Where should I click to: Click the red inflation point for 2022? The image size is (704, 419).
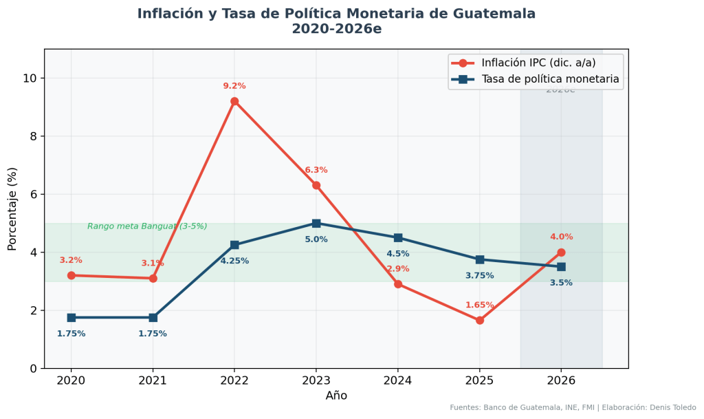click(x=234, y=101)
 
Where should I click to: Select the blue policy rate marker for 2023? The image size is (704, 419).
click(x=316, y=223)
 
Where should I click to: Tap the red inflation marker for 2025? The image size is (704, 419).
click(x=479, y=320)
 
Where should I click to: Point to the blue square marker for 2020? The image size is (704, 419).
click(x=71, y=317)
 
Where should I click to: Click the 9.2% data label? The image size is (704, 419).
click(x=234, y=86)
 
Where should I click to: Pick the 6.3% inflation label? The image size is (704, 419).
click(x=316, y=170)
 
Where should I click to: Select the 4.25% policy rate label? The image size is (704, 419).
click(x=234, y=261)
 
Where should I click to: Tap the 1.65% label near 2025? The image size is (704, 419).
click(x=479, y=305)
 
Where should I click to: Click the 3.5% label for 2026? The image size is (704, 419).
click(x=561, y=283)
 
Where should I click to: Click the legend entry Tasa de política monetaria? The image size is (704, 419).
click(x=550, y=79)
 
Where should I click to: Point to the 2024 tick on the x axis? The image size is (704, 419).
click(x=398, y=380)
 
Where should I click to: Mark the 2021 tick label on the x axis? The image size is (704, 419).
click(x=153, y=380)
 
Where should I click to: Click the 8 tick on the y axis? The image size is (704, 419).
click(x=32, y=136)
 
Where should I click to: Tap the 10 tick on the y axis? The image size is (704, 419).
click(x=30, y=78)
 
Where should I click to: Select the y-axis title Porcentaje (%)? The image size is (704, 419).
click(x=12, y=208)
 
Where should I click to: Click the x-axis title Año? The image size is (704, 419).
click(x=336, y=396)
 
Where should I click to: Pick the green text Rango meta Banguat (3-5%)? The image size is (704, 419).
click(x=147, y=226)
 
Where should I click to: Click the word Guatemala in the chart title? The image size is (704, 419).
click(x=493, y=14)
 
